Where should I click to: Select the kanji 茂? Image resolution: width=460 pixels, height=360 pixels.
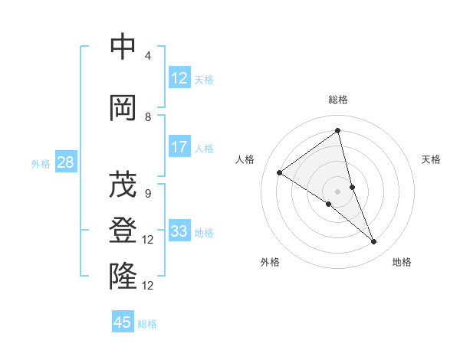[x=123, y=184]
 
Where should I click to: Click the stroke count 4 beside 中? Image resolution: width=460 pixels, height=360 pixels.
[x=147, y=56]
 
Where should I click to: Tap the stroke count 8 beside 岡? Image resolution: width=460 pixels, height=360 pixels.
[x=147, y=117]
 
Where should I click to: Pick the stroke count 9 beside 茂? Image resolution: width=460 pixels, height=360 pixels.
[x=147, y=194]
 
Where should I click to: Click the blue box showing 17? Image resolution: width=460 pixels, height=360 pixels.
[x=179, y=148]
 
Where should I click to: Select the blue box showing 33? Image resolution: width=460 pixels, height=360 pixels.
[x=179, y=232]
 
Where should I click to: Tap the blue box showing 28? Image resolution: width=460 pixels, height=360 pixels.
[x=65, y=162]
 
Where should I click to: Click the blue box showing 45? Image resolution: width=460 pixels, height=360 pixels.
[x=123, y=322]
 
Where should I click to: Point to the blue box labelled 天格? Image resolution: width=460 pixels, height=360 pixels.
[x=179, y=78]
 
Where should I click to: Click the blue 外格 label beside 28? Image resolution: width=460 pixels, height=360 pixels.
[x=40, y=163]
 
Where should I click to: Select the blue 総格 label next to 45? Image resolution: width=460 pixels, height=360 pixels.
[x=147, y=324]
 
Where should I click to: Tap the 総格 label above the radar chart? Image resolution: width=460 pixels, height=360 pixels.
[x=338, y=100]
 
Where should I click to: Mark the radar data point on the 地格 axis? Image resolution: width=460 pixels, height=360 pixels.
[x=374, y=242]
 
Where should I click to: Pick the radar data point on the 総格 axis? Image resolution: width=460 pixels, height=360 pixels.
[x=338, y=131]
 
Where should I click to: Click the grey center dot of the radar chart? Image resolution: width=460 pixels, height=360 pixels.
[x=338, y=191]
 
